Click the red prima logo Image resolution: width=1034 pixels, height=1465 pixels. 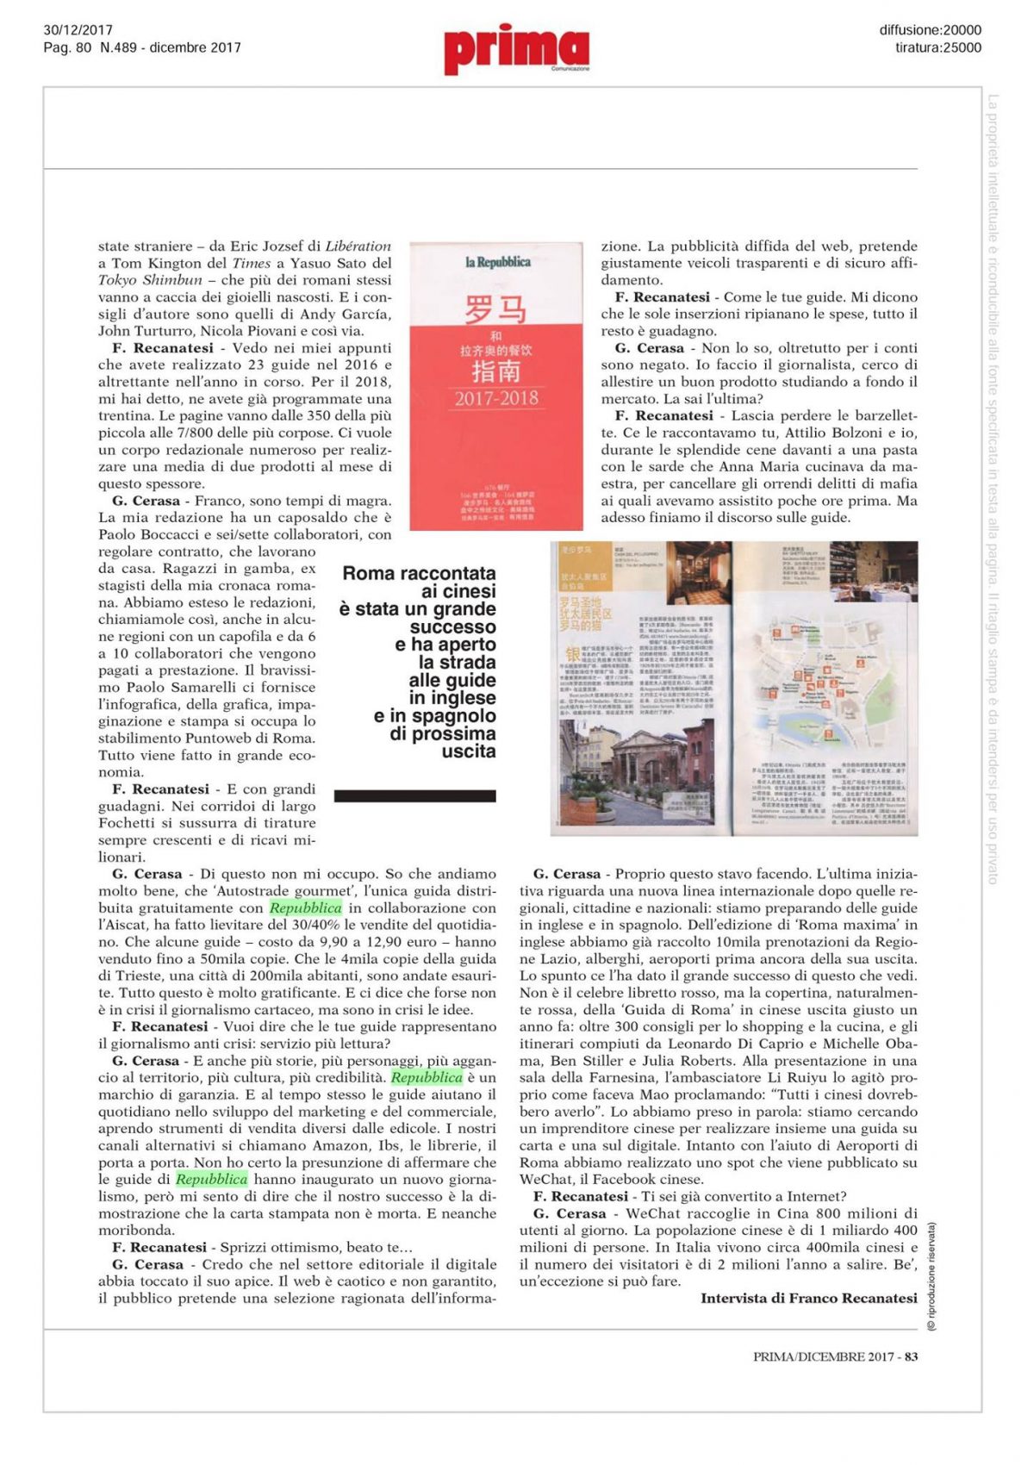[x=516, y=48]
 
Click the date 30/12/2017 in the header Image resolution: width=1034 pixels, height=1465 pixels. [x=78, y=30]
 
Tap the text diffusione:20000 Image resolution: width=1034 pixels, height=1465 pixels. [x=930, y=30]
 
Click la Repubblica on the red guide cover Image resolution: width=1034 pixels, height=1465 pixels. [x=497, y=262]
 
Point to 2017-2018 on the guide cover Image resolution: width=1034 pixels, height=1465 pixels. [x=496, y=398]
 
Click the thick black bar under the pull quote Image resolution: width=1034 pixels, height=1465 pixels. [x=415, y=795]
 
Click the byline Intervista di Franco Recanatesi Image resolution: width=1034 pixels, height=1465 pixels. [x=808, y=1298]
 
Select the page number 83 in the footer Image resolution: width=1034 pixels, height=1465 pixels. [x=911, y=1356]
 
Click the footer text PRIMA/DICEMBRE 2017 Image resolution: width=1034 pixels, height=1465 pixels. [x=823, y=1356]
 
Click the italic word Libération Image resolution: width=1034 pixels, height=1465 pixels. [x=358, y=246]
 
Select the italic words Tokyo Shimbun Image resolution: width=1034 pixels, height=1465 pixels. [x=150, y=280]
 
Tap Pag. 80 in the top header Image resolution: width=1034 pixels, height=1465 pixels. [x=67, y=48]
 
